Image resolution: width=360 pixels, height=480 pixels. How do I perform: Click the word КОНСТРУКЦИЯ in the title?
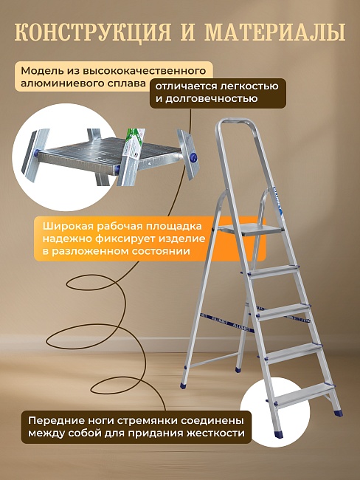pos(90,32)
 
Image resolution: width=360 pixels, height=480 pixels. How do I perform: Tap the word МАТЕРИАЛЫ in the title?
pos(274,32)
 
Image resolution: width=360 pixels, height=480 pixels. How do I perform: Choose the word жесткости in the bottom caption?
pos(214,433)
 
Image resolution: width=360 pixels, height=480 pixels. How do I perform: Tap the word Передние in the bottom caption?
pos(57,419)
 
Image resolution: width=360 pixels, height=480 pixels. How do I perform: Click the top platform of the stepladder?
pos(252,230)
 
